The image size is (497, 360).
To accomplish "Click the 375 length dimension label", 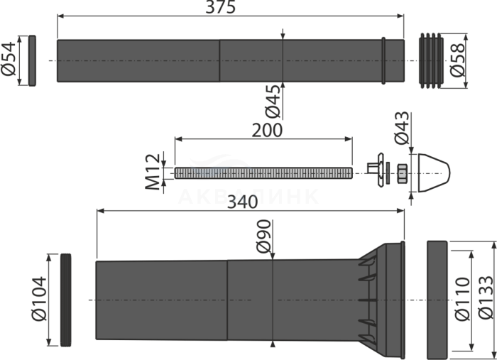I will coord(221,8).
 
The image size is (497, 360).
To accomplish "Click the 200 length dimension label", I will coord(268,130).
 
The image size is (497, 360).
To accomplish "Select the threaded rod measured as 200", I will coord(263,173).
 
